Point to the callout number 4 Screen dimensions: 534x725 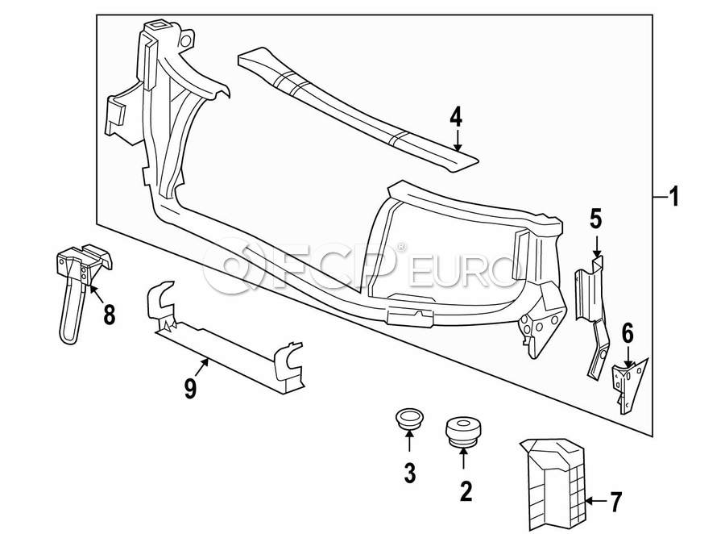click(x=456, y=118)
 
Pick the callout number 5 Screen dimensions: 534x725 click(x=596, y=218)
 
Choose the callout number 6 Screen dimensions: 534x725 click(x=628, y=332)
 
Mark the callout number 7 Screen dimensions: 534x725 click(x=616, y=503)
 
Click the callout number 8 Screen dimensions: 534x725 click(x=109, y=313)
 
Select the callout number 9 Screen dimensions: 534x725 click(x=190, y=390)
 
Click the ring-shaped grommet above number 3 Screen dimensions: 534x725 click(x=409, y=420)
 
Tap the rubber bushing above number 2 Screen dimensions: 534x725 click(x=462, y=430)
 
